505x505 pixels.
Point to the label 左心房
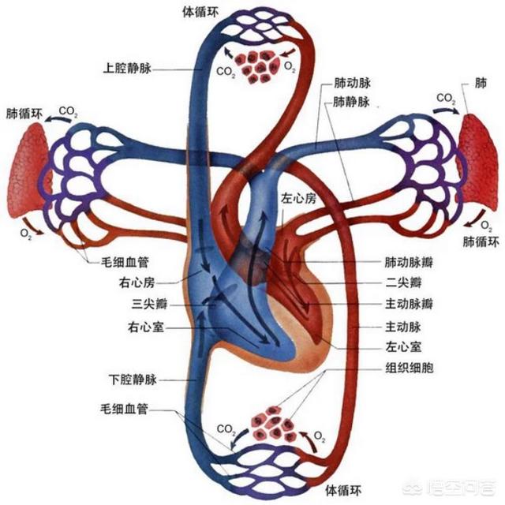click(297, 198)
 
